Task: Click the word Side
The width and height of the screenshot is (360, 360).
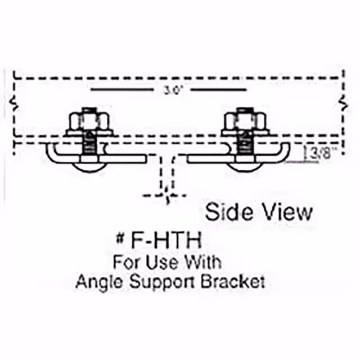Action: tap(227, 212)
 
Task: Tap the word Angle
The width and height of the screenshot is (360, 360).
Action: tap(96, 282)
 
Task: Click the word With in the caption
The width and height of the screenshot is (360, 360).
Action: tap(201, 262)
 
